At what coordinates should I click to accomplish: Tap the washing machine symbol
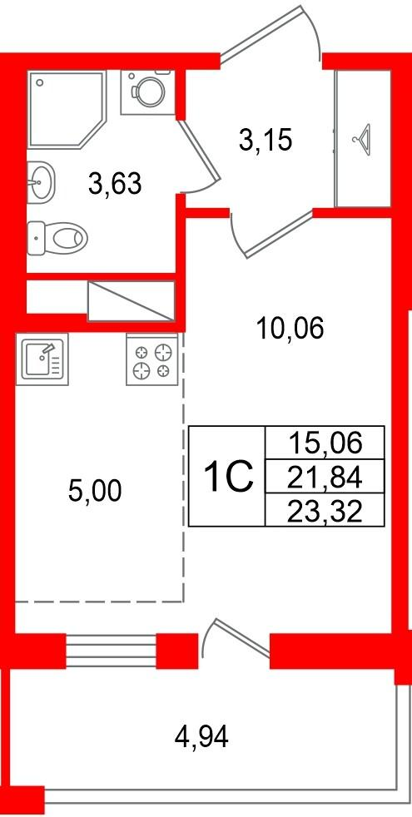(147, 92)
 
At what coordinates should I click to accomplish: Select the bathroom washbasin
(40, 181)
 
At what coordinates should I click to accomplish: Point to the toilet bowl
(57, 238)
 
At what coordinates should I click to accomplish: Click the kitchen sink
(42, 359)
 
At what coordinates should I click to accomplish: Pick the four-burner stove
(152, 359)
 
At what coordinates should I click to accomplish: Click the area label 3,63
(115, 184)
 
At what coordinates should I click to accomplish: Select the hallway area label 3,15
(265, 141)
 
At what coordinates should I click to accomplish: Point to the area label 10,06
(290, 329)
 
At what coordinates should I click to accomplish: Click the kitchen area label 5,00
(95, 491)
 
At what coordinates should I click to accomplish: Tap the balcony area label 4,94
(201, 737)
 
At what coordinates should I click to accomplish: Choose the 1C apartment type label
(228, 477)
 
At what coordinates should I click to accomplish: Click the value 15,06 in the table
(325, 444)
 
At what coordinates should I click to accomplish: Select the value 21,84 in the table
(325, 478)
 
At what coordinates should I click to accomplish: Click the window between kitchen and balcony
(111, 651)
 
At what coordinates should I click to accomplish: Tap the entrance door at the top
(270, 34)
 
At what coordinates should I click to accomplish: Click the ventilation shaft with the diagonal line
(131, 300)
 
